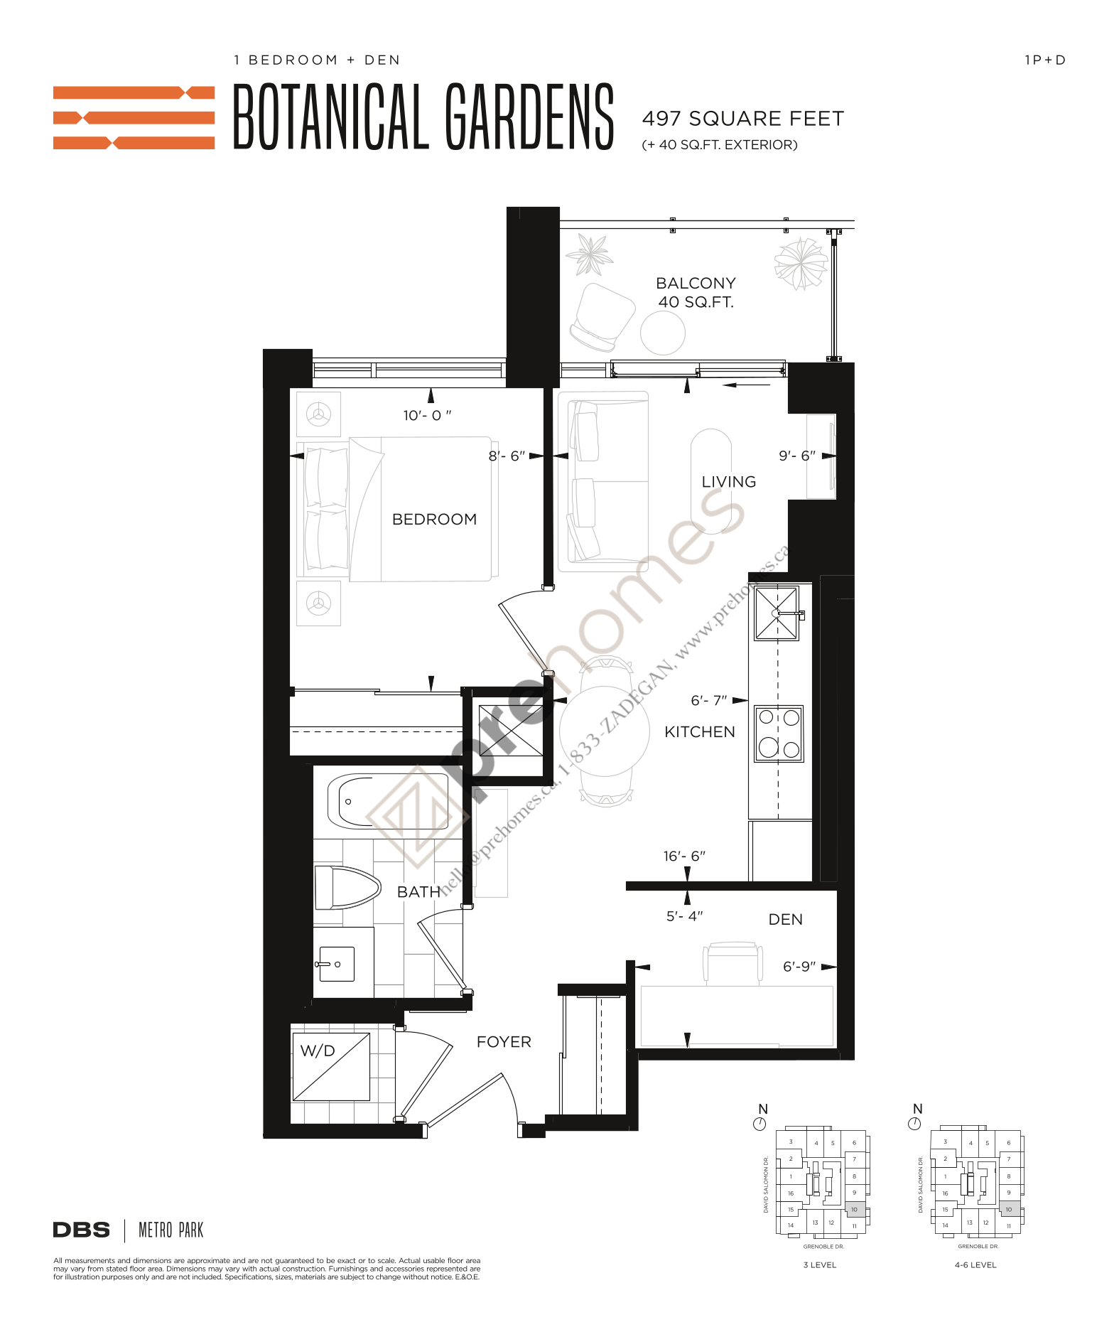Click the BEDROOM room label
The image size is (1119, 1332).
(x=434, y=519)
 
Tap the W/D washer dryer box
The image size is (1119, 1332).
(x=331, y=1066)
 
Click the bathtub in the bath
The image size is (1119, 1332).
(x=388, y=801)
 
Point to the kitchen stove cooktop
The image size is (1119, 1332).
(x=779, y=734)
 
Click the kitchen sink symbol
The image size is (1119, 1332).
(x=777, y=613)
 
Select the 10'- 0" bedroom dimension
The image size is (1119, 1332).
(x=427, y=415)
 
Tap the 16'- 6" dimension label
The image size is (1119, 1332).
(x=684, y=856)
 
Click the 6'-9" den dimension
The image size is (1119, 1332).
(x=799, y=967)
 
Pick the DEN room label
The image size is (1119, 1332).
(x=785, y=919)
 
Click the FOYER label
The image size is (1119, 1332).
(x=504, y=1041)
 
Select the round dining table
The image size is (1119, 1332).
(x=604, y=731)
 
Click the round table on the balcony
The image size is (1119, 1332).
(x=662, y=332)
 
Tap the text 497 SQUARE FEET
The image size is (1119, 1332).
(x=742, y=119)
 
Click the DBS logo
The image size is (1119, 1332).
(x=82, y=1230)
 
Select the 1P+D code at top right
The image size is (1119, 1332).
(x=1044, y=60)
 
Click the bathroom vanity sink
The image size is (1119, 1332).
(x=336, y=965)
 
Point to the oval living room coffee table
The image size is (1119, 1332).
(x=711, y=481)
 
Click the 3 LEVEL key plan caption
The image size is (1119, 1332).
(x=819, y=1264)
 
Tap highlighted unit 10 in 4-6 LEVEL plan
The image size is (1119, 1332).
(x=1008, y=1209)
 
